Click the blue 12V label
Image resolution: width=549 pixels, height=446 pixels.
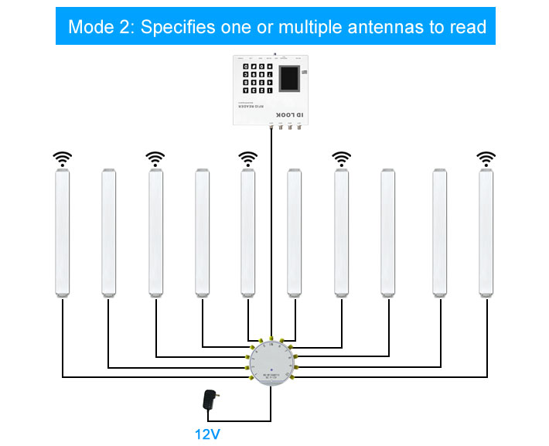[x=206, y=433]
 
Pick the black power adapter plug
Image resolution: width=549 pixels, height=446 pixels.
[x=209, y=400]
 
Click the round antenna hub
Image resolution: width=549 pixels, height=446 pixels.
[x=271, y=363]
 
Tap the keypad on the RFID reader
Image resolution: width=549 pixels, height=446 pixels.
[x=257, y=80]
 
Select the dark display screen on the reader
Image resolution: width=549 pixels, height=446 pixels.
[x=290, y=80]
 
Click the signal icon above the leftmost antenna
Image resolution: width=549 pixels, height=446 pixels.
[x=62, y=159]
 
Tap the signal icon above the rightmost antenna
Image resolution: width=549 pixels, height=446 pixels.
[x=486, y=159]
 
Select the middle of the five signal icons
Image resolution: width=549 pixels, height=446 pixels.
[x=247, y=159]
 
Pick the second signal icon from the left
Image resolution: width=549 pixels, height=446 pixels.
[x=155, y=159]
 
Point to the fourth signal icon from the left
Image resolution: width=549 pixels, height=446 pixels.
[x=341, y=159]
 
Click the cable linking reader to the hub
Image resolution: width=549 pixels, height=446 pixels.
[x=271, y=232]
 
